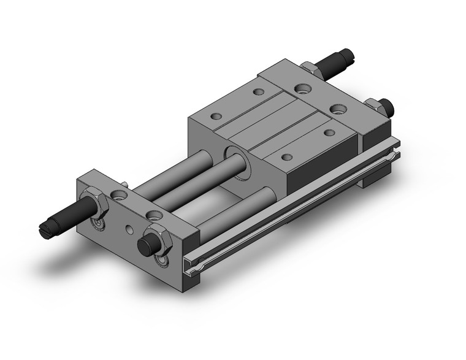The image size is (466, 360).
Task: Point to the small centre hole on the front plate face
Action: click(128, 231)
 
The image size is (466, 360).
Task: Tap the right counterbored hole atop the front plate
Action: click(154, 214)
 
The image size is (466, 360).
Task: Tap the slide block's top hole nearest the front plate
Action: click(215, 115)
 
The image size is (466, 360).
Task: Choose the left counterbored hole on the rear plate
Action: click(301, 88)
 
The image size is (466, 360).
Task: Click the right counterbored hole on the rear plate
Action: click(337, 109)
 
